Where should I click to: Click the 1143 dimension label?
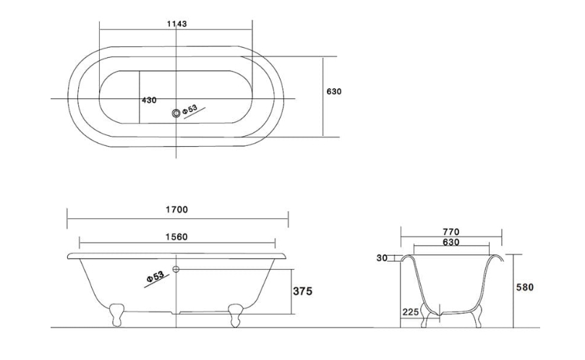point(177,24)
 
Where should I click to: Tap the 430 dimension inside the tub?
point(149,100)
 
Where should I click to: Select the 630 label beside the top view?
point(334,91)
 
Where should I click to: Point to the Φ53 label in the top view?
point(189,110)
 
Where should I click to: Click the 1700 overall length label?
point(177,210)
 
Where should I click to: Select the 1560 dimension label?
point(176,237)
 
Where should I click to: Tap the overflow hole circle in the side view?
point(176,269)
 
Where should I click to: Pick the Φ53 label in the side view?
point(155,277)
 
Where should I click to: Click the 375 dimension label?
point(302,291)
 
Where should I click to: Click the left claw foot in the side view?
point(116,315)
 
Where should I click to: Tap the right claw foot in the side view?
point(236,315)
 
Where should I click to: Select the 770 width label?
point(451,232)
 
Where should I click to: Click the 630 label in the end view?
point(451,242)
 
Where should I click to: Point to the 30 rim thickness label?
point(382,258)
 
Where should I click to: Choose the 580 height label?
point(525,287)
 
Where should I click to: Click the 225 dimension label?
point(411,312)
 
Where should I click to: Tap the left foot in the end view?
point(424,316)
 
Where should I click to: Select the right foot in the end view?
point(476,316)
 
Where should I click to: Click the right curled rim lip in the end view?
point(496,257)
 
